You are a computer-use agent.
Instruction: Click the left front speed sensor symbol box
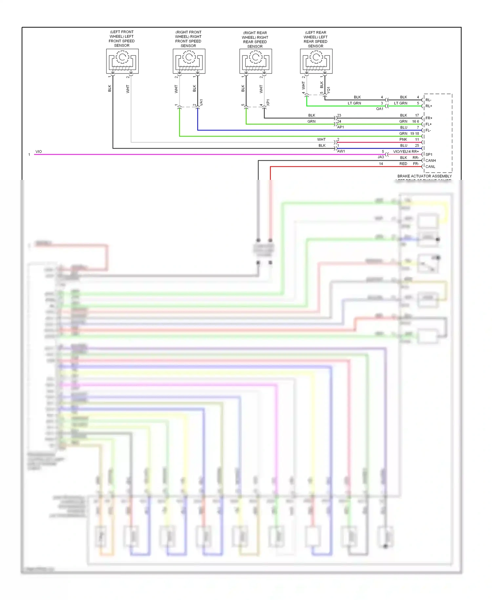122,61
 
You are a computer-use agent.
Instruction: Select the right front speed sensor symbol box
189,61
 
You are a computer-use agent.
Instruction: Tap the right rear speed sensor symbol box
256,61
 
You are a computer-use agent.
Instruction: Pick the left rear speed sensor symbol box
316,61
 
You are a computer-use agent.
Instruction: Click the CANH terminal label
430,161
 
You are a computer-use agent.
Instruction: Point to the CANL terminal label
430,167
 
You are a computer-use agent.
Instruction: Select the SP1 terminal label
429,154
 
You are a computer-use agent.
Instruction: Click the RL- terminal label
428,100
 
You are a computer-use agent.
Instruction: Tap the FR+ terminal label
429,118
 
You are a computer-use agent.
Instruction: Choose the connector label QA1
379,109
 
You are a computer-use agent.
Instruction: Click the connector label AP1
340,127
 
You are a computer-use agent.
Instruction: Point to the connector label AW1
341,151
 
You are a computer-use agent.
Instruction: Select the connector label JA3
380,157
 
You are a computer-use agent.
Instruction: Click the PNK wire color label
403,139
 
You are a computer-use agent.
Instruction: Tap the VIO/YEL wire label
400,152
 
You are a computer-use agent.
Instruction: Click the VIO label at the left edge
39,152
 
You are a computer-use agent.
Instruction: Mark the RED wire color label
403,164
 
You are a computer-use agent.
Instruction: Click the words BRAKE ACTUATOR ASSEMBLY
424,176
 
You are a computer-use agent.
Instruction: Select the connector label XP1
268,102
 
